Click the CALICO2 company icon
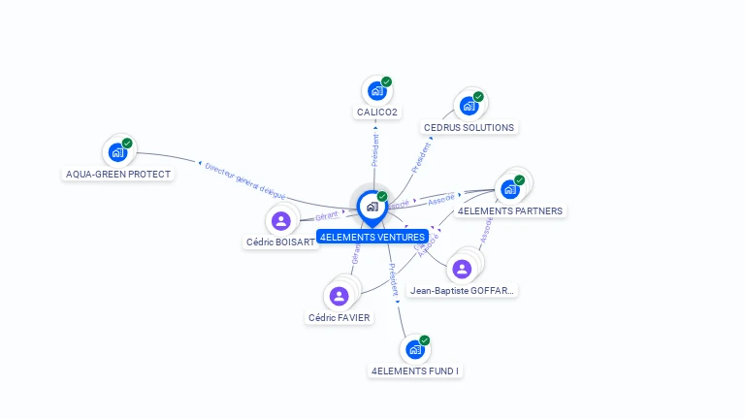375,92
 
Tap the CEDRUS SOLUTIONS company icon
469,106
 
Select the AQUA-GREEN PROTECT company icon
117,152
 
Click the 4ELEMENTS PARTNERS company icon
510,189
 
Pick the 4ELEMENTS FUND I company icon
415,349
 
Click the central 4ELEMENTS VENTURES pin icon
372,207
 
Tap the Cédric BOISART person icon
281,220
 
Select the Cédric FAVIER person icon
339,296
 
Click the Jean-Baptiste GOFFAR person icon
462,269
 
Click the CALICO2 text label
376,113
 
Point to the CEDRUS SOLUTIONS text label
470,127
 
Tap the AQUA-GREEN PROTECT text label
118,175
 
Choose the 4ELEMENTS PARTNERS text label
510,210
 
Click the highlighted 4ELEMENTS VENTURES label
372,237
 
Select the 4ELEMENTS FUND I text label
415,371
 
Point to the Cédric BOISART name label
281,242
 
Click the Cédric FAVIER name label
340,317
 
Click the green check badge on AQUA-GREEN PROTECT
127,144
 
